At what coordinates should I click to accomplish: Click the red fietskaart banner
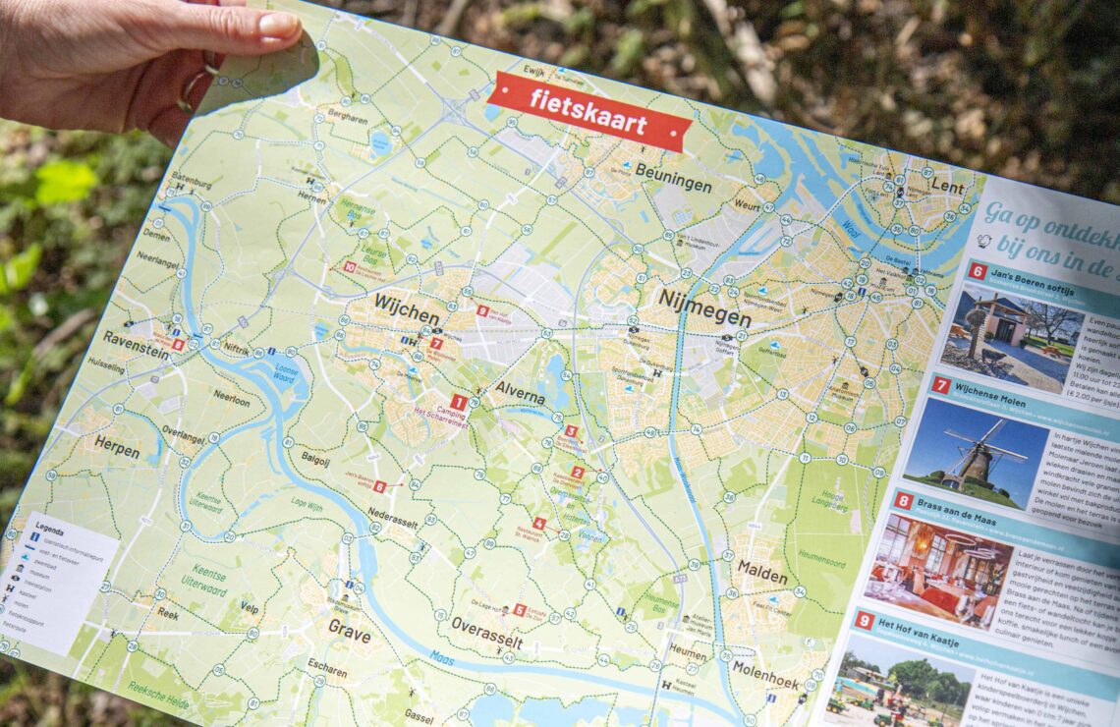tap(588, 111)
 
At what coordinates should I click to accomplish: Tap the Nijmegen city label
tap(703, 309)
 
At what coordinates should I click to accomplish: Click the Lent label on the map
tap(946, 186)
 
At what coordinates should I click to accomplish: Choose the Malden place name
tap(761, 574)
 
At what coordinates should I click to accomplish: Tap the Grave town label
tap(349, 628)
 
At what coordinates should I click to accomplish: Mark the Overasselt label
tap(486, 634)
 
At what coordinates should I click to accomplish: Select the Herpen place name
tap(117, 446)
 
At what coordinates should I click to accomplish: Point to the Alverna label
tap(520, 394)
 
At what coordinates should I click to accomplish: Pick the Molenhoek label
tap(765, 676)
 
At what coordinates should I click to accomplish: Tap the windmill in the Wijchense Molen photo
tap(974, 455)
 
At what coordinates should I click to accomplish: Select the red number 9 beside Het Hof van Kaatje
tap(864, 620)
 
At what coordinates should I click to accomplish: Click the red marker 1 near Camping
tap(457, 402)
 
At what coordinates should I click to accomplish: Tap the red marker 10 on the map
tap(349, 266)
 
